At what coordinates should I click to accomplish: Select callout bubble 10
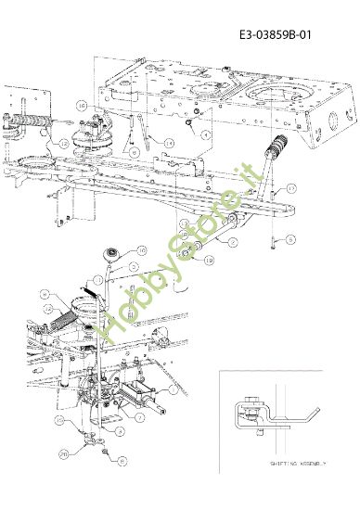[x=142, y=250]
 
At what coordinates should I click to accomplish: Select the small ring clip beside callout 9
[x=189, y=120]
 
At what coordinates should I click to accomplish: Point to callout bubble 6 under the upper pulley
[x=135, y=151]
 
